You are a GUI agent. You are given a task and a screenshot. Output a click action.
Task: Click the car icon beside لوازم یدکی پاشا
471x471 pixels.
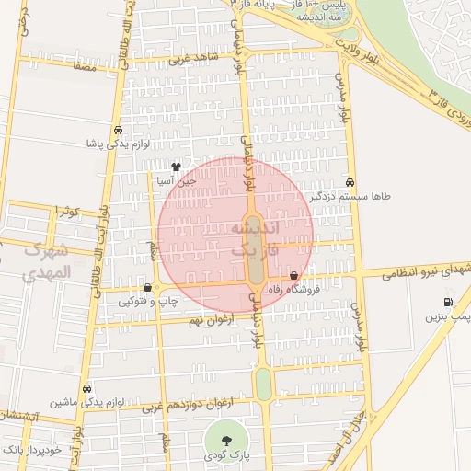(118, 130)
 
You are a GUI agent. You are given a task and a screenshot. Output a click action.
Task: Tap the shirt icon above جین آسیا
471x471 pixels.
(176, 167)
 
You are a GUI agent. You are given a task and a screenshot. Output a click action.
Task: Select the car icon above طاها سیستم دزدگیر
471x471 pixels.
(350, 182)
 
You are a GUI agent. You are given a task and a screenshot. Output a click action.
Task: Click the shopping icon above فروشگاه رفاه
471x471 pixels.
(293, 275)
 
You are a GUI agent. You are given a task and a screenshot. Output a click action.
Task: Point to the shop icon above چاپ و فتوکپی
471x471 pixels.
(147, 286)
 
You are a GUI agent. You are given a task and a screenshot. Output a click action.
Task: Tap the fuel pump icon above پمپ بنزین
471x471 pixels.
(448, 302)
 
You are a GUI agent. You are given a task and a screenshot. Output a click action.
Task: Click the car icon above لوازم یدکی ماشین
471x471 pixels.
(87, 388)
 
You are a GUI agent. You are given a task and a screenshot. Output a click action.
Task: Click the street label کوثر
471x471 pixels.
(67, 212)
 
